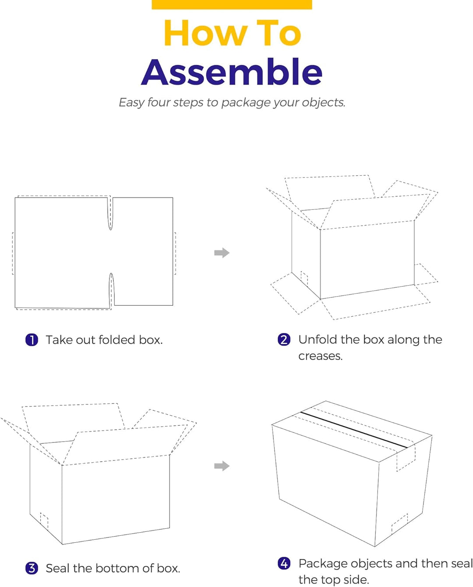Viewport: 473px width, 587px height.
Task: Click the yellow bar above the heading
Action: tap(232, 4)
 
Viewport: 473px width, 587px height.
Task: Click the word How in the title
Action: tap(205, 33)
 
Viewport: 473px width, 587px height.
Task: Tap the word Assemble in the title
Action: tap(232, 72)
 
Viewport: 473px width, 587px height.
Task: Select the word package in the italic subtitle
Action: tap(246, 103)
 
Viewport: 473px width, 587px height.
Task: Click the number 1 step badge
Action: tap(32, 340)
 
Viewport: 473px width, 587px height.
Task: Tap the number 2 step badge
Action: tap(284, 339)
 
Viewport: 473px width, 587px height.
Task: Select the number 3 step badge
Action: tap(32, 568)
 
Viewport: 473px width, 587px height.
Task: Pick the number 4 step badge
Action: tap(284, 563)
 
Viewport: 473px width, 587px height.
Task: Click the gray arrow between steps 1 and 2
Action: tap(222, 253)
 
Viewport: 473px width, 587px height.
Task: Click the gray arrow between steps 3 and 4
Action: tap(222, 466)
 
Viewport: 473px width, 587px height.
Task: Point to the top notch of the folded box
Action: tap(110, 213)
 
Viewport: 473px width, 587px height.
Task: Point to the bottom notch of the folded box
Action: tap(111, 290)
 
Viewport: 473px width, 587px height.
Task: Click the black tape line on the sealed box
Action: tap(354, 430)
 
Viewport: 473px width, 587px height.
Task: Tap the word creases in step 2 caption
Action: tap(320, 356)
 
